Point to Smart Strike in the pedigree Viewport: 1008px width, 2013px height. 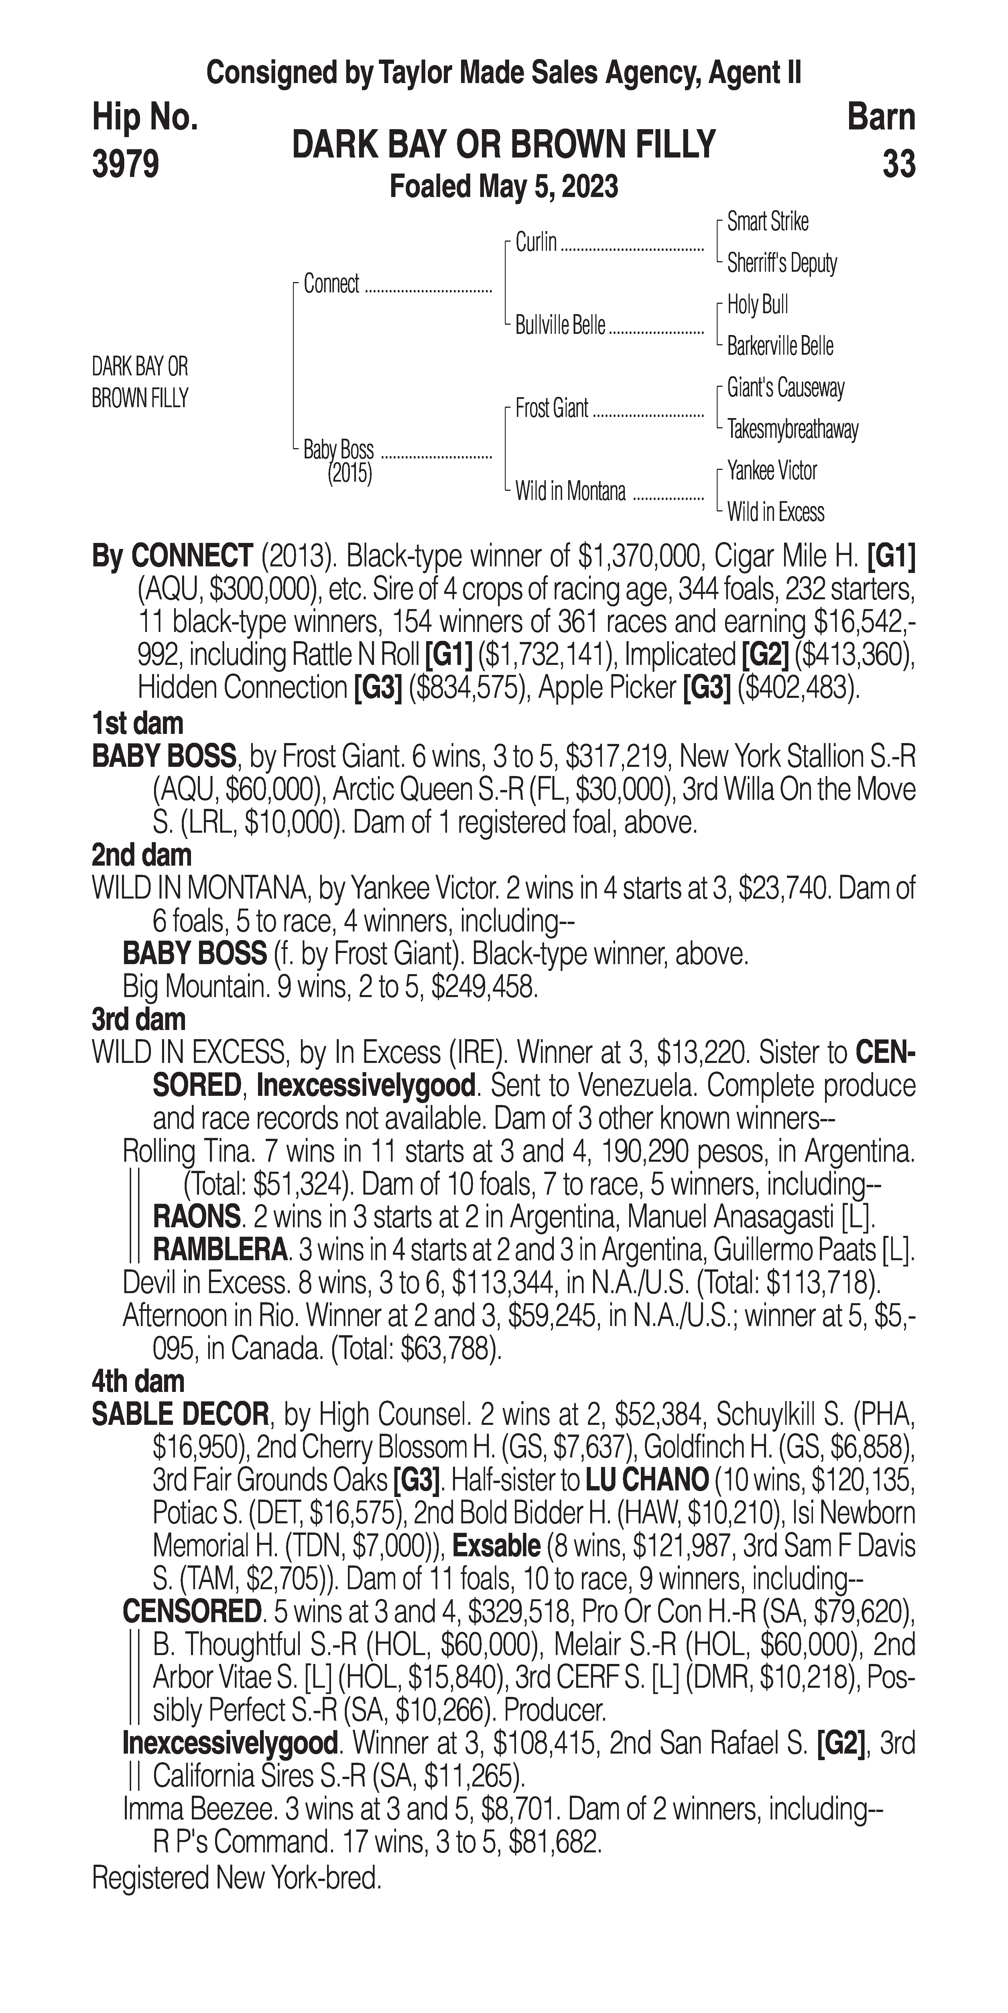767,222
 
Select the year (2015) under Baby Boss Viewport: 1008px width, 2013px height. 349,474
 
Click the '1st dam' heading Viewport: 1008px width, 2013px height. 137,724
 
